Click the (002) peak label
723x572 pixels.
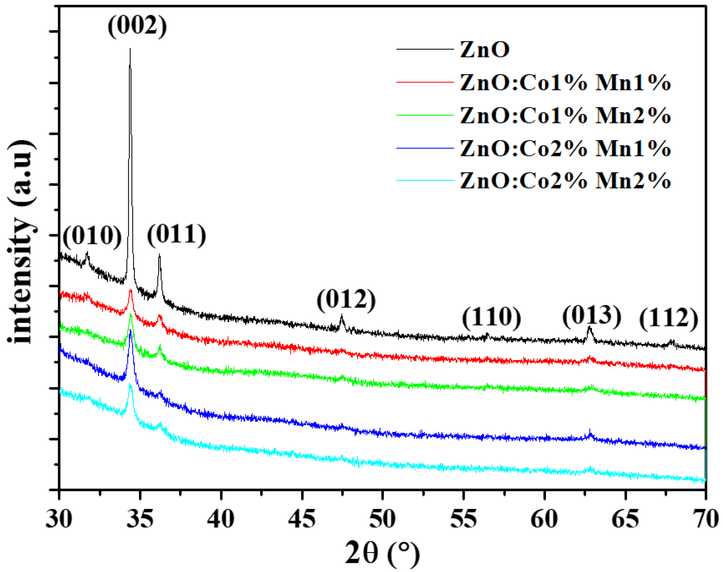[137, 26]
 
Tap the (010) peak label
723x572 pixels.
[92, 237]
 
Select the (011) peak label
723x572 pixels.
[176, 235]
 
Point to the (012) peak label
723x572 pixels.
[346, 300]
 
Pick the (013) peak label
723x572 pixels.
[591, 316]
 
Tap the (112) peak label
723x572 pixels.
[668, 318]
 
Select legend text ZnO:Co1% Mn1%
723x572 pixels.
[565, 83]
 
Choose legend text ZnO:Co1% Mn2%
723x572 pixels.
[565, 116]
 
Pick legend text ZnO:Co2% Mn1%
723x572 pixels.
[565, 148]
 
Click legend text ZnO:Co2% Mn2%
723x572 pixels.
[565, 181]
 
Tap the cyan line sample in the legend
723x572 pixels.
[424, 181]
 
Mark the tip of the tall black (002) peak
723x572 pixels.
[130, 49]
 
